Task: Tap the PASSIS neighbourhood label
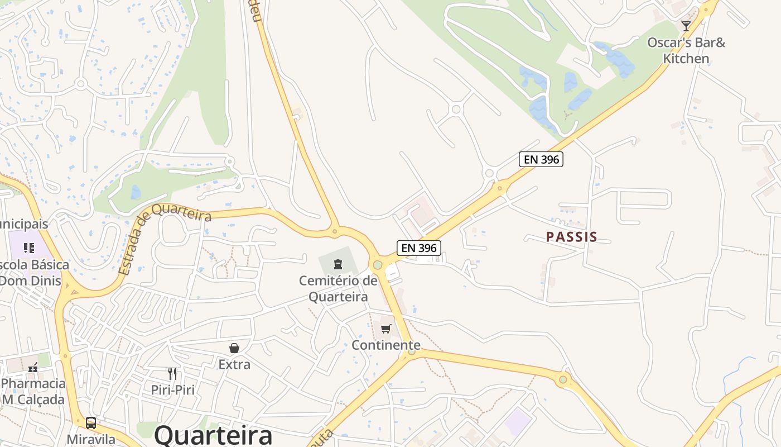[x=571, y=237]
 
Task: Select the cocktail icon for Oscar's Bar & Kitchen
[x=686, y=26]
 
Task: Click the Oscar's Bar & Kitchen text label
[x=686, y=50]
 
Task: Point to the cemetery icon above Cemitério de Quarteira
[x=338, y=264]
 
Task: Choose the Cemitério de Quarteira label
[x=338, y=288]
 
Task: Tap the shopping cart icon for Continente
[x=386, y=329]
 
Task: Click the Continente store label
[x=386, y=345]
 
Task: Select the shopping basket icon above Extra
[x=234, y=348]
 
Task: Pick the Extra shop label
[x=234, y=364]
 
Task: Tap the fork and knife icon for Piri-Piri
[x=173, y=373]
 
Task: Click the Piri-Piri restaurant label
[x=173, y=389]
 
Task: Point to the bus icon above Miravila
[x=91, y=422]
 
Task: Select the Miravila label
[x=91, y=439]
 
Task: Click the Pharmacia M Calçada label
[x=33, y=392]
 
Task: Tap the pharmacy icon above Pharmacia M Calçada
[x=33, y=368]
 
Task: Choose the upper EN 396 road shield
[x=541, y=159]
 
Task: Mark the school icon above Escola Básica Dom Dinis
[x=29, y=248]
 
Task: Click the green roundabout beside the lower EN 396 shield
[x=378, y=264]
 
